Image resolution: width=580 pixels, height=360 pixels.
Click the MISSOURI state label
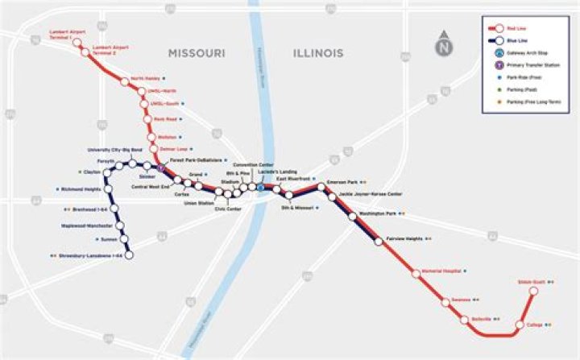point(196,53)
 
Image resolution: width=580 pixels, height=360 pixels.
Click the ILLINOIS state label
point(317,53)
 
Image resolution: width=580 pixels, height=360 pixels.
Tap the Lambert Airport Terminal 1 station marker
point(78,43)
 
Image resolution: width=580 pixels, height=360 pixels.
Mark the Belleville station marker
point(464,320)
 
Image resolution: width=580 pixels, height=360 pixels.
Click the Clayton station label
point(92,172)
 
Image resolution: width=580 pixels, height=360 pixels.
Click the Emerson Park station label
point(342,182)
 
